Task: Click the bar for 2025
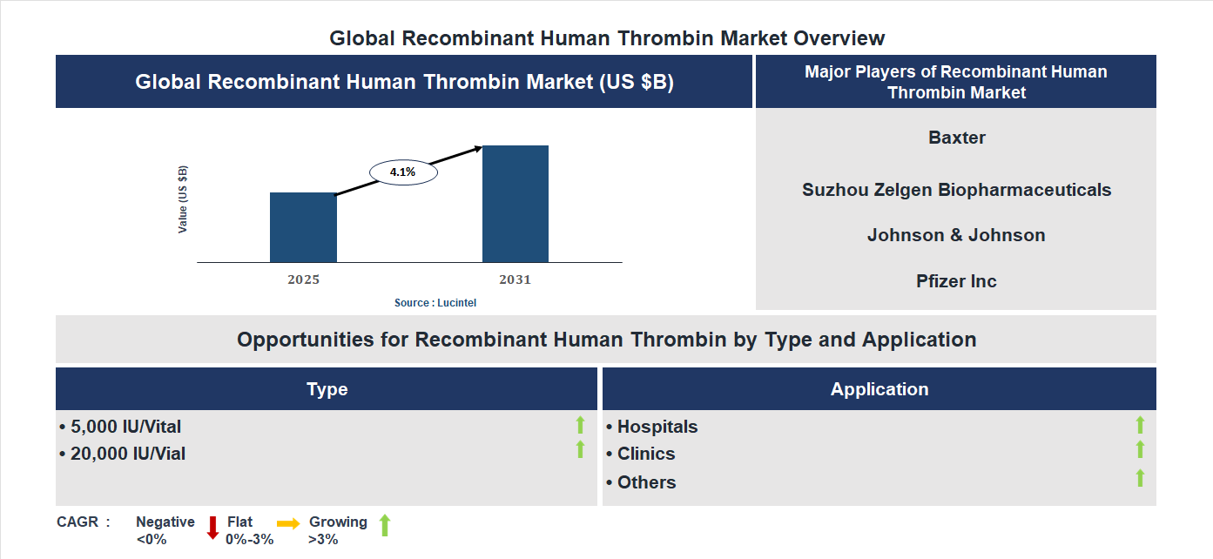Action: [x=303, y=227]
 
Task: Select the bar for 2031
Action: [x=516, y=204]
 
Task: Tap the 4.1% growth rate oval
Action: [x=403, y=172]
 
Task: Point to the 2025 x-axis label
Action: [x=303, y=280]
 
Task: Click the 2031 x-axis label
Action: [x=515, y=280]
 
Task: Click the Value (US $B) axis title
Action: [x=183, y=199]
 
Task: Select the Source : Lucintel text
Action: [x=435, y=303]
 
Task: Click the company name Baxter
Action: [x=957, y=138]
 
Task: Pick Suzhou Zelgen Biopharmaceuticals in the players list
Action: [x=956, y=190]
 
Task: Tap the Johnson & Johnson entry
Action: [x=956, y=235]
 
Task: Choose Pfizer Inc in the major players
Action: [x=956, y=281]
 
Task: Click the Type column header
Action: [x=327, y=389]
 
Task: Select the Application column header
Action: [x=879, y=389]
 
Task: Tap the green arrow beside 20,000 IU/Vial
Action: [x=580, y=449]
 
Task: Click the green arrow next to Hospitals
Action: [x=1140, y=425]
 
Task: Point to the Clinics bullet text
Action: [x=645, y=454]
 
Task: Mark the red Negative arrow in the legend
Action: [x=212, y=528]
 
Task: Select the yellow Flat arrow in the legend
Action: [x=288, y=523]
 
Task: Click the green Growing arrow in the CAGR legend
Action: [x=385, y=525]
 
